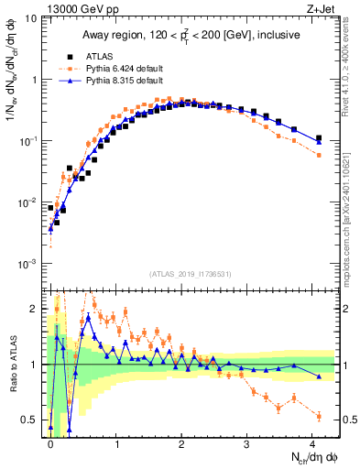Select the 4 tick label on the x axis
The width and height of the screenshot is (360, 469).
313,443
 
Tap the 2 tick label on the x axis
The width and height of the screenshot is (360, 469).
182,443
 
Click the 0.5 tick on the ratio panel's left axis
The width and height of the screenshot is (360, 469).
32,420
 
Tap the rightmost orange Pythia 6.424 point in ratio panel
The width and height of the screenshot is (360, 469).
319,416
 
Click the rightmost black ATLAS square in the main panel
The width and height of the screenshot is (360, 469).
319,138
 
